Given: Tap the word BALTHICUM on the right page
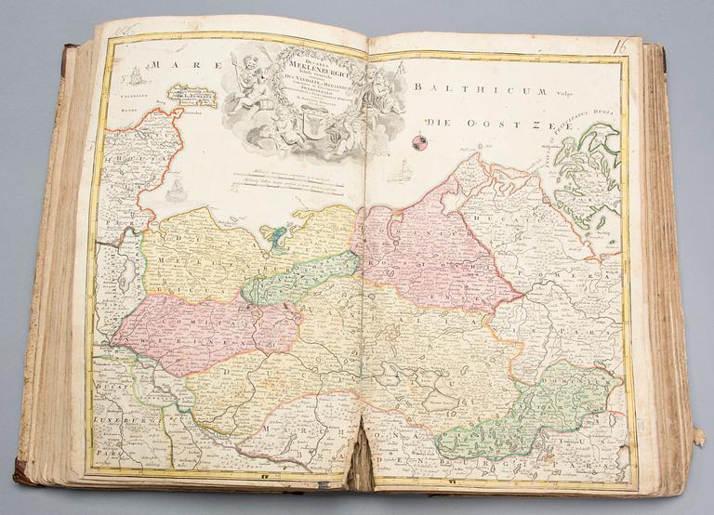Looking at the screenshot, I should [466, 89].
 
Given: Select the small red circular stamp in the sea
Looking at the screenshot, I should [417, 142].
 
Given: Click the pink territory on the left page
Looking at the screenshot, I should [195, 330].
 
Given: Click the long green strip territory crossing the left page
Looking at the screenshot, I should [297, 279].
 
